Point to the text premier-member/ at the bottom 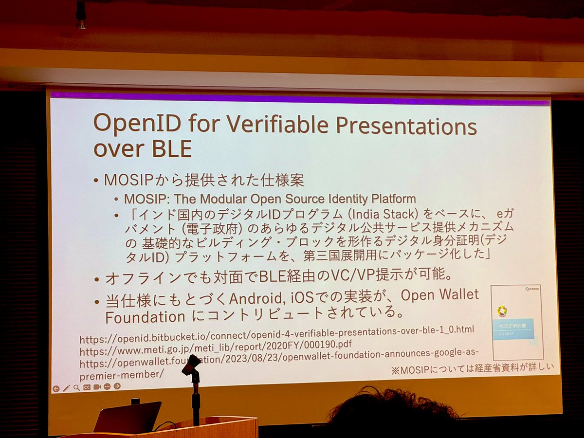(121, 375)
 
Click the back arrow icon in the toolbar (56, 388)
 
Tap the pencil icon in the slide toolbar (66, 388)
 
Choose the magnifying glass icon (76, 388)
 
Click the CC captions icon (87, 387)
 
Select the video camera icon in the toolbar (97, 387)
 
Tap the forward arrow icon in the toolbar (117, 386)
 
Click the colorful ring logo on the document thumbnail (502, 310)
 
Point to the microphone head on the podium (191, 365)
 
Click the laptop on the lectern (128, 417)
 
